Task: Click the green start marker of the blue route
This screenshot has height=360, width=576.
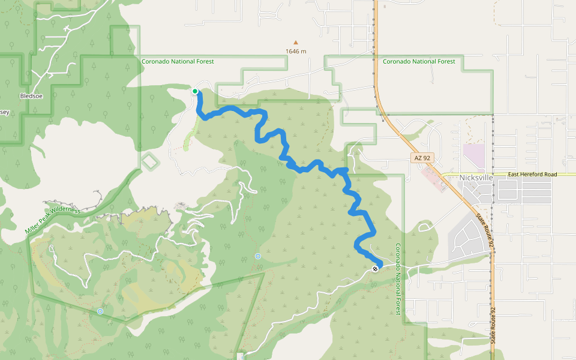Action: tap(195, 91)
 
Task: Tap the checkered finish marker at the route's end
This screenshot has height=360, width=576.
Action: tap(375, 269)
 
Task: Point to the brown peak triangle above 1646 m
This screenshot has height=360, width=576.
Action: tap(295, 42)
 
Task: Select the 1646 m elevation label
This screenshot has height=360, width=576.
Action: tap(296, 51)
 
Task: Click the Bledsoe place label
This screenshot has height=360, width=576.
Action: tap(31, 95)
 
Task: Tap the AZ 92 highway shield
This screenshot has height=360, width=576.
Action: tap(423, 157)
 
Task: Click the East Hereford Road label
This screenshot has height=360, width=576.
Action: tap(532, 174)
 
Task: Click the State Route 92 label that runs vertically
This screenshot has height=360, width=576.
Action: tap(494, 324)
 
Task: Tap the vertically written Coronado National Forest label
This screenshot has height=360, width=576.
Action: tap(398, 278)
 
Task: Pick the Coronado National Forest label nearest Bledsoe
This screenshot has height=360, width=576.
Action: tap(178, 61)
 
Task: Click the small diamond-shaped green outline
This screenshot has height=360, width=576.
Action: tap(149, 161)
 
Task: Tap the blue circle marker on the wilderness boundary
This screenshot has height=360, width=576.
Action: tap(100, 311)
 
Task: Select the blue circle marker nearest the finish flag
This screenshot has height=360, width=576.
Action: tap(258, 256)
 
